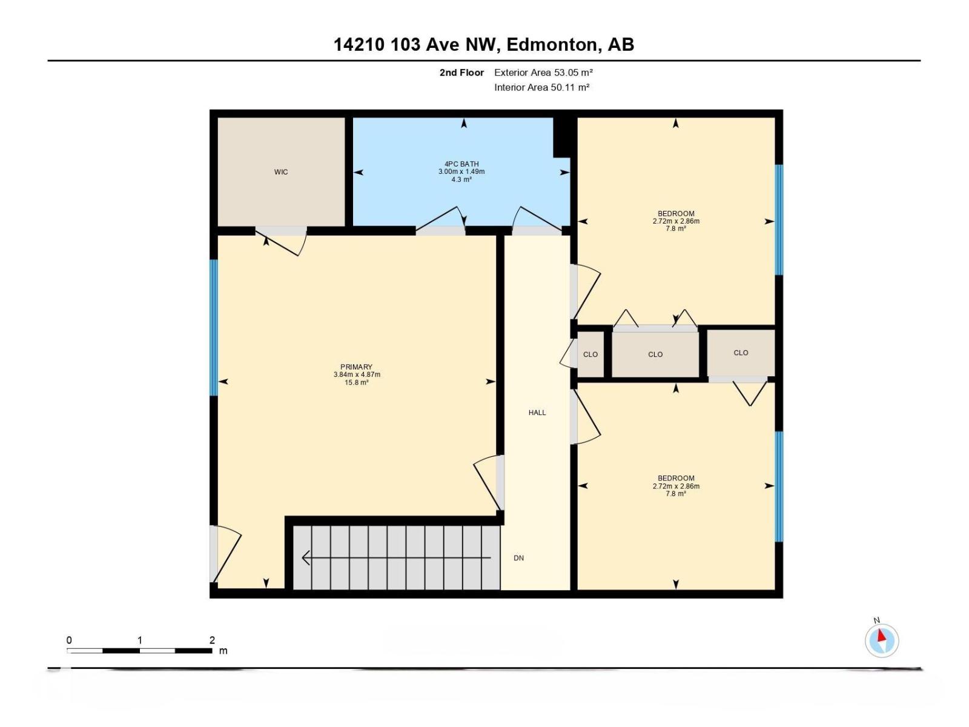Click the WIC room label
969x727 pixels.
click(281, 172)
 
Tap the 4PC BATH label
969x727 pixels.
click(461, 164)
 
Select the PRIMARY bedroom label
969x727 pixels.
click(356, 367)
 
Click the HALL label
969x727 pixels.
click(537, 413)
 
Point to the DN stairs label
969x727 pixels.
click(519, 558)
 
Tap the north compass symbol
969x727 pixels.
click(882, 640)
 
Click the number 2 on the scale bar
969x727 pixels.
click(212, 640)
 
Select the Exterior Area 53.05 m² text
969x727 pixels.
click(543, 73)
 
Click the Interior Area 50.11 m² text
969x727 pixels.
click(541, 87)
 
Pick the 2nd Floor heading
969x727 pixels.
click(461, 73)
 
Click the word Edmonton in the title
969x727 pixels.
click(551, 45)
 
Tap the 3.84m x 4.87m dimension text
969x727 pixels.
click(357, 374)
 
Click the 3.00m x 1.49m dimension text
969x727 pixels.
click(461, 171)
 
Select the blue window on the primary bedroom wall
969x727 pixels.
click(213, 328)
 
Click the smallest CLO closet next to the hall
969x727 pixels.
click(590, 354)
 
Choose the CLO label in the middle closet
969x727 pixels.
click(655, 354)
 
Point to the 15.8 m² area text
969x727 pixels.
click(357, 382)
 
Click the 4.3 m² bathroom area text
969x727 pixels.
click(461, 179)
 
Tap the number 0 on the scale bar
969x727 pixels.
click(70, 640)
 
